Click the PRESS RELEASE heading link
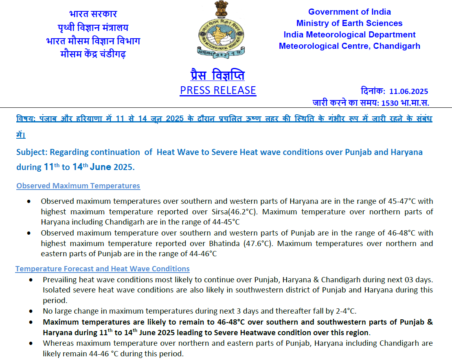218,90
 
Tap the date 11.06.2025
408,92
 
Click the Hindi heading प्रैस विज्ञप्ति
217,75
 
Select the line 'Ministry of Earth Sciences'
349,23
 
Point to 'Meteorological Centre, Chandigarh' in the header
349,46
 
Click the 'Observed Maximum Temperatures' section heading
78,186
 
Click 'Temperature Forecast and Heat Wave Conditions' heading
102,269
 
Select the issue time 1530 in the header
390,103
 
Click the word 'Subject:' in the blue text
32,152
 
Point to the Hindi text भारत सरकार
93,14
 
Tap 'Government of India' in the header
349,12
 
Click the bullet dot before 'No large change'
32,311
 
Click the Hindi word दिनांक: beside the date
373,92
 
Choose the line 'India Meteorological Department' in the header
349,35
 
